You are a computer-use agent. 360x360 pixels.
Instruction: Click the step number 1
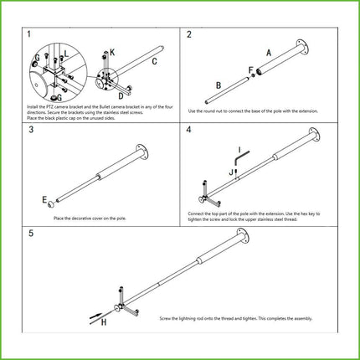pyautogui.click(x=29, y=34)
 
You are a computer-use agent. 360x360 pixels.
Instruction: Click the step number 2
pyautogui.click(x=190, y=34)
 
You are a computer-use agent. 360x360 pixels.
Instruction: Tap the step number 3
pyautogui.click(x=30, y=131)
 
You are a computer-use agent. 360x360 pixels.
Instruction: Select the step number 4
pyautogui.click(x=190, y=131)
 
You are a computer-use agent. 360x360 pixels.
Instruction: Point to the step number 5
pyautogui.click(x=30, y=232)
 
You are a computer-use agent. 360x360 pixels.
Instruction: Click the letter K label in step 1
pyautogui.click(x=113, y=53)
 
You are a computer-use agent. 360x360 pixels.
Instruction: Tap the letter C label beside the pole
pyautogui.click(x=156, y=62)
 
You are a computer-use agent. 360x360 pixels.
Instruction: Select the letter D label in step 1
pyautogui.click(x=121, y=97)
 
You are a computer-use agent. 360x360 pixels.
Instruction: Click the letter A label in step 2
pyautogui.click(x=269, y=52)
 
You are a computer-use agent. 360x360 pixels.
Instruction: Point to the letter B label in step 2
pyautogui.click(x=217, y=85)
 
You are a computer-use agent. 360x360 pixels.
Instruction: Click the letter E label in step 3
pyautogui.click(x=44, y=200)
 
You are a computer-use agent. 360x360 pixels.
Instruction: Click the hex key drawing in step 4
pyautogui.click(x=239, y=156)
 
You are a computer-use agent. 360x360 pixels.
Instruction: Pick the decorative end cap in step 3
pyautogui.click(x=52, y=203)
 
